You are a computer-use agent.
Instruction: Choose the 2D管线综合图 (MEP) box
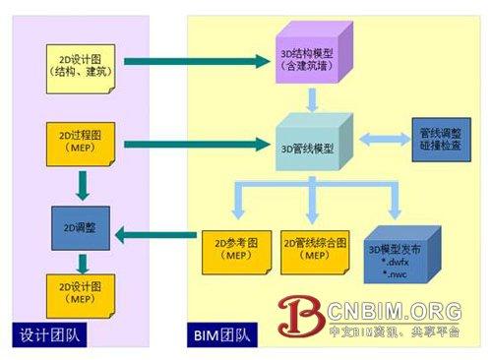(314, 252)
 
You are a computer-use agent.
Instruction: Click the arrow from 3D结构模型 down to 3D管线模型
(313, 98)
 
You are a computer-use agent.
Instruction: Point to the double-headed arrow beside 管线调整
(378, 142)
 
